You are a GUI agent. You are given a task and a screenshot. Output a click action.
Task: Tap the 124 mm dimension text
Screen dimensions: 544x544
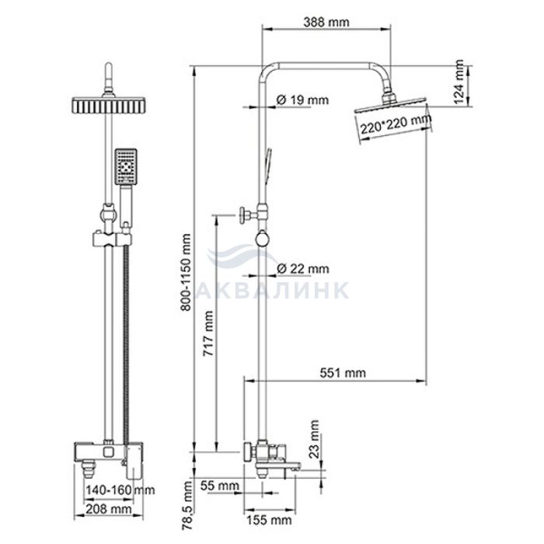(x=459, y=82)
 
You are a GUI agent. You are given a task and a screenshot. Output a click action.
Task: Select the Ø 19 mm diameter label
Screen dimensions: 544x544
(x=302, y=100)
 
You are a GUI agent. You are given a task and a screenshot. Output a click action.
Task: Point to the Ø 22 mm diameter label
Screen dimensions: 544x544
(x=303, y=269)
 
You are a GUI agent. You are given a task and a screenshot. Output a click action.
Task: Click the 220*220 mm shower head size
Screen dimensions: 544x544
(x=396, y=124)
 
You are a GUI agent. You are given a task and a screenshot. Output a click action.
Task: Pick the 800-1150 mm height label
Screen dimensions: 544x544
(x=186, y=272)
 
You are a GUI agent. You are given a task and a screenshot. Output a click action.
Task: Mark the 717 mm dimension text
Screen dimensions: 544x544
(x=208, y=333)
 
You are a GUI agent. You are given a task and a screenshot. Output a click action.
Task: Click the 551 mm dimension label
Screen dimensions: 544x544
(x=343, y=372)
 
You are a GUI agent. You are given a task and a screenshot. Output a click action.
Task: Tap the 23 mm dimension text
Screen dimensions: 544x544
(x=314, y=439)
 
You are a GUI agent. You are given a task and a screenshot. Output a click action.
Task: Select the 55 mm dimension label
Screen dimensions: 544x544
(x=220, y=486)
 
